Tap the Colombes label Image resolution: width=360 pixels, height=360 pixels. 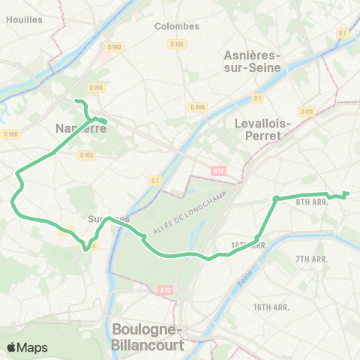click(x=177, y=25)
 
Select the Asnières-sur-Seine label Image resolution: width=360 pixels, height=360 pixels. click(x=252, y=61)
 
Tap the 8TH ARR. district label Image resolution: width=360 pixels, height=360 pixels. click(x=313, y=202)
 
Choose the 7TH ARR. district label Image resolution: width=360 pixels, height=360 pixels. click(x=313, y=259)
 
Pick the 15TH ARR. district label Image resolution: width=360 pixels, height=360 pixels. click(x=271, y=307)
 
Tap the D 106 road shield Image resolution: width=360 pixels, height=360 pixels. click(x=177, y=44)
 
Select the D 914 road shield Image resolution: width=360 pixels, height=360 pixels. click(x=97, y=87)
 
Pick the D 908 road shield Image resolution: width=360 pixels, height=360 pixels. click(x=197, y=106)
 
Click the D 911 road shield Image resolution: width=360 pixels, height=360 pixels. click(x=306, y=112)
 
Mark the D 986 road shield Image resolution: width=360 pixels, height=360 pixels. click(x=10, y=134)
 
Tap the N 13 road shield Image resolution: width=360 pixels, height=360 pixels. click(x=218, y=171)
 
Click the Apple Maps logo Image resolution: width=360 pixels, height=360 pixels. click(x=27, y=347)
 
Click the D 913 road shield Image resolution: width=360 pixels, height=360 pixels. click(x=85, y=155)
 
